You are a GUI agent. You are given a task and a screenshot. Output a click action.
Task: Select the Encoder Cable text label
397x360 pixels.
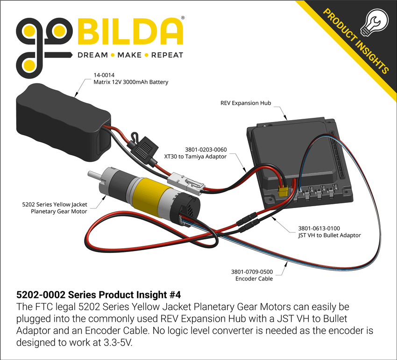(x=254, y=279)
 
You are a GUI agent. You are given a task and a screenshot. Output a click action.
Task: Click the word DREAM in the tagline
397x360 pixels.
(x=92, y=55)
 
